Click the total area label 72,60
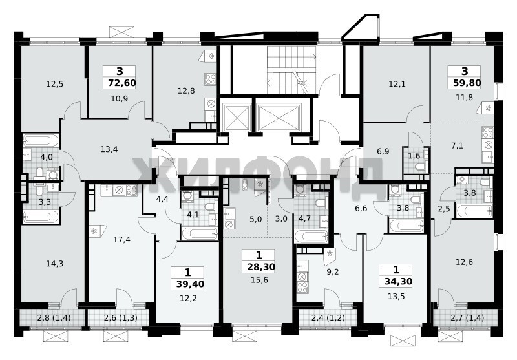(122, 83)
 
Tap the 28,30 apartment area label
(261, 267)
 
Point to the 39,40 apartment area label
(190, 284)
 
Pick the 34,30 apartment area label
(398, 282)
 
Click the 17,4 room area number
(121, 240)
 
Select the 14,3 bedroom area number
(55, 264)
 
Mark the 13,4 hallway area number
(109, 149)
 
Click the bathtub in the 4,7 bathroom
(311, 237)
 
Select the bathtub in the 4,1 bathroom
(199, 234)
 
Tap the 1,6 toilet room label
(414, 156)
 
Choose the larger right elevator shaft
(279, 118)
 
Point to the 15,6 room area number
(260, 281)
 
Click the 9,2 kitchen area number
(332, 272)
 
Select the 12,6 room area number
(464, 262)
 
